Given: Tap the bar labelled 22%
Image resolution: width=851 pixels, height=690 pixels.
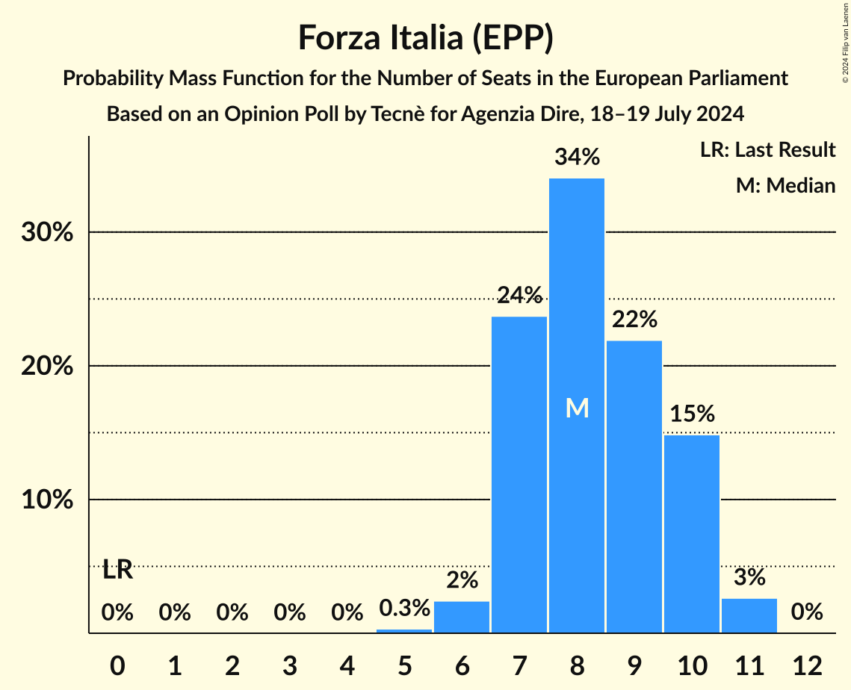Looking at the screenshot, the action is (x=634, y=485).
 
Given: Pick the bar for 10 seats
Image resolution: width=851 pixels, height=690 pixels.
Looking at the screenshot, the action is (x=692, y=534).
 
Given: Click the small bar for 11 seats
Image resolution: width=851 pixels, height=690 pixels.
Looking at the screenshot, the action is (x=749, y=616).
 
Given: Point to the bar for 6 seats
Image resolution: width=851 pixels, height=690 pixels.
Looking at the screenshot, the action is (x=462, y=618).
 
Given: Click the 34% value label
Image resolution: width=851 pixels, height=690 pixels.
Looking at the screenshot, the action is (x=577, y=158).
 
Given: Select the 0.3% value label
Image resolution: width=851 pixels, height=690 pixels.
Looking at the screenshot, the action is (x=404, y=608).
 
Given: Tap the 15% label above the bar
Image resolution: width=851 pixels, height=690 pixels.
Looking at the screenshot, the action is (x=692, y=414).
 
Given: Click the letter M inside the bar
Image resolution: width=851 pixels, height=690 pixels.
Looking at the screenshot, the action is (x=577, y=408).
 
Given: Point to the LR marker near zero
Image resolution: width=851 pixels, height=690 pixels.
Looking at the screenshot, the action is (x=117, y=570).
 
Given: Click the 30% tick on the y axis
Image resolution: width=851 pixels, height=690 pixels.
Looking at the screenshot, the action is (x=46, y=232).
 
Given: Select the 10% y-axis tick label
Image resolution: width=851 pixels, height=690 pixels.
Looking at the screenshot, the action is (x=46, y=500).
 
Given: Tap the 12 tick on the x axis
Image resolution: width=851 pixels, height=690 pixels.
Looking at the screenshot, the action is (x=807, y=665).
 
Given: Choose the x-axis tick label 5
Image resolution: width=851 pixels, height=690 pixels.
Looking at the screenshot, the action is (x=404, y=665).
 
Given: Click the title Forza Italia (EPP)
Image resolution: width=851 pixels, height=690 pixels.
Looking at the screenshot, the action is (x=425, y=37).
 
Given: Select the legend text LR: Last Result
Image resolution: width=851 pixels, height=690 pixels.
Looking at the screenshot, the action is (x=767, y=150).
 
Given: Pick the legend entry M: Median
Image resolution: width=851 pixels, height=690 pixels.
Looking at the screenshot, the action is (x=785, y=185).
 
